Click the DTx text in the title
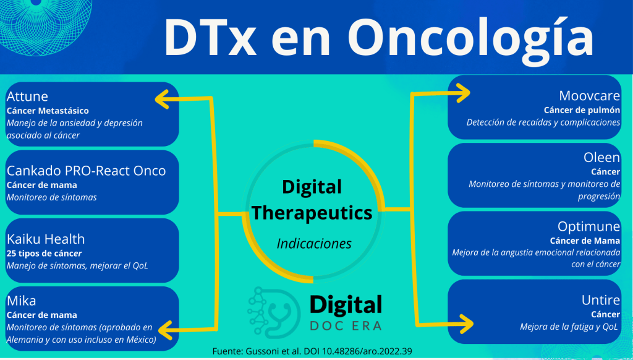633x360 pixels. pyautogui.click(x=210, y=37)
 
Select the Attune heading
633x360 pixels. pyautogui.click(x=27, y=96)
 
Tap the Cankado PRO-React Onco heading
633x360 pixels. pyautogui.click(x=87, y=171)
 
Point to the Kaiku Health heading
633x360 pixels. pyautogui.click(x=46, y=239)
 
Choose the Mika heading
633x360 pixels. pyautogui.click(x=22, y=301)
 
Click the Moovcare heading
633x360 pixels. pyautogui.click(x=589, y=96)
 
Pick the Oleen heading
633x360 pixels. pyautogui.click(x=601, y=158)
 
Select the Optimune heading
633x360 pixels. pyautogui.click(x=588, y=226)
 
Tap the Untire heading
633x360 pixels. pyautogui.click(x=601, y=300)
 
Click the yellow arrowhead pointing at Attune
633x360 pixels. pyautogui.click(x=163, y=99)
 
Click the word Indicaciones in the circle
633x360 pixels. pyautogui.click(x=314, y=244)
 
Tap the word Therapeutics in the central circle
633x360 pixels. pyautogui.click(x=312, y=213)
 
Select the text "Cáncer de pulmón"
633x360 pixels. pyautogui.click(x=582, y=110)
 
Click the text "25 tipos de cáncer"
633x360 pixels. pyautogui.click(x=45, y=254)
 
